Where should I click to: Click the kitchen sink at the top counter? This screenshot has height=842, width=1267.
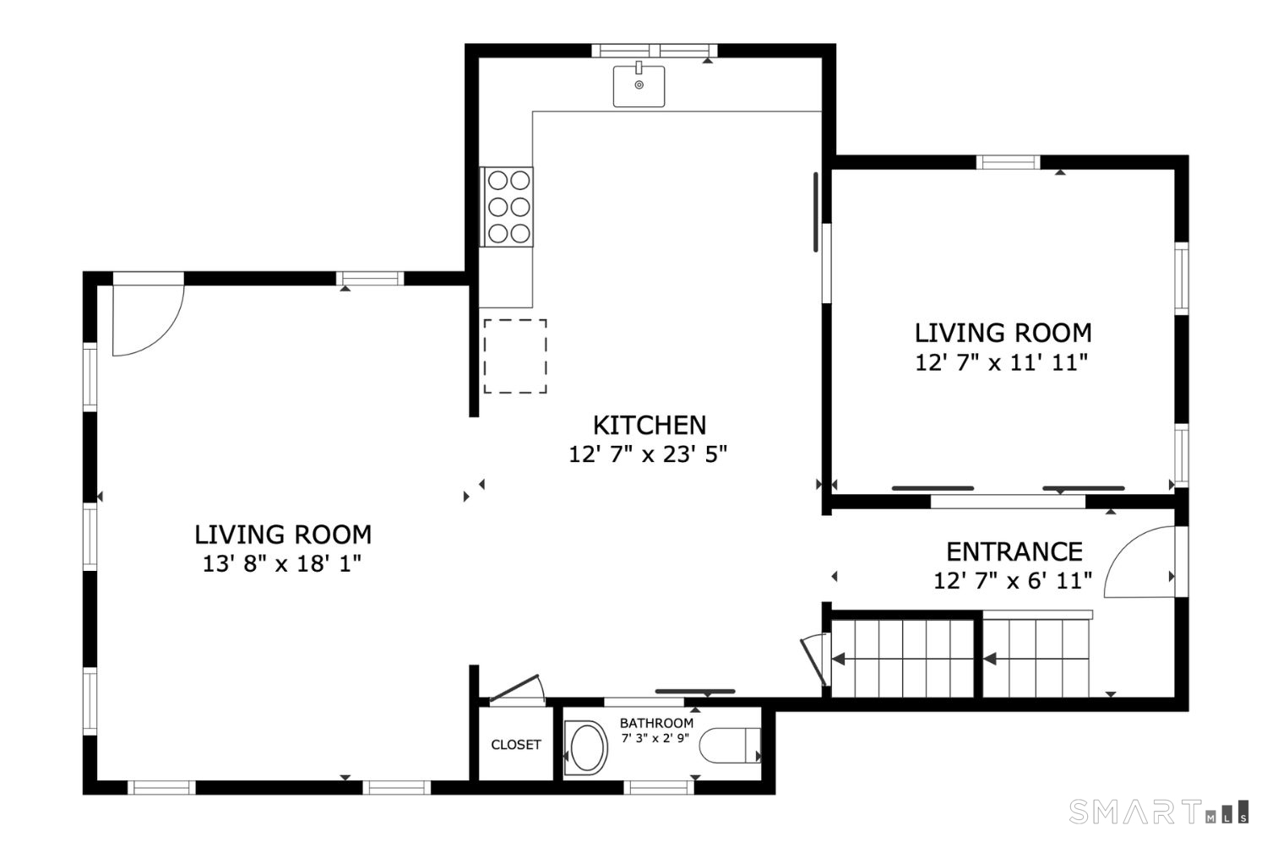(x=639, y=86)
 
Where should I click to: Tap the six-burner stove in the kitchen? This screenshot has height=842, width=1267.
(x=508, y=207)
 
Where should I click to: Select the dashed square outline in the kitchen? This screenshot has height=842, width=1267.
(x=514, y=356)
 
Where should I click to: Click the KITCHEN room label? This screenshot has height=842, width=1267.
(x=649, y=425)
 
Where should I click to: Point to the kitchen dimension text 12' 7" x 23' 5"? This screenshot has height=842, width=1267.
(x=648, y=454)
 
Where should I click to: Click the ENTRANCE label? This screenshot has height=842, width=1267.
(x=1014, y=551)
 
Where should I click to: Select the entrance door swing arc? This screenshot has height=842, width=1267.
(x=1136, y=562)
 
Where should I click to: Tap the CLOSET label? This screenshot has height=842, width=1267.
(x=516, y=745)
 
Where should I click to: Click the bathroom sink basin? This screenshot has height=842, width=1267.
(x=586, y=747)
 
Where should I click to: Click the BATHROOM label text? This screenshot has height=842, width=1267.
(x=656, y=723)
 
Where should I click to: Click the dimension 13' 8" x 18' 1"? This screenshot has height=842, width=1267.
(x=281, y=563)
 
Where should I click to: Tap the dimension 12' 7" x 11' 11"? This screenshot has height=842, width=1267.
(x=1001, y=362)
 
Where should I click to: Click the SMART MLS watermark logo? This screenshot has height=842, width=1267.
(x=1158, y=812)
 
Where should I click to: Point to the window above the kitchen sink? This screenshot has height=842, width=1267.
(x=653, y=50)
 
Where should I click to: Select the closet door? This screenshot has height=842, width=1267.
(x=516, y=688)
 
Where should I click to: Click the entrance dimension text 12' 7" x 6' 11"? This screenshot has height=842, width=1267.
(x=1013, y=581)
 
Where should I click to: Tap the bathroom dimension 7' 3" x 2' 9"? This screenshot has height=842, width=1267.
(x=655, y=738)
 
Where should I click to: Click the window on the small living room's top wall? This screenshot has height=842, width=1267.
(x=1008, y=162)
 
